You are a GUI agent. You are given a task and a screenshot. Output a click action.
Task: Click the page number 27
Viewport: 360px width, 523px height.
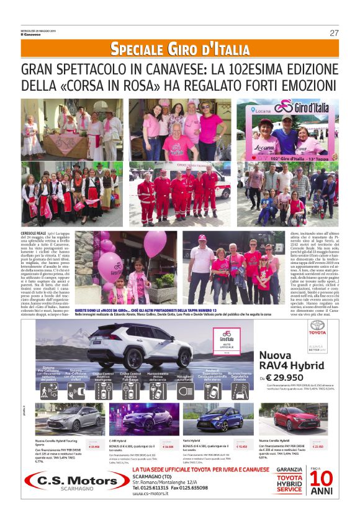point(334,32)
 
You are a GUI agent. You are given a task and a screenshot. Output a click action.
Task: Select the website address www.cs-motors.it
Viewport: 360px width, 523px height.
point(148,495)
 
